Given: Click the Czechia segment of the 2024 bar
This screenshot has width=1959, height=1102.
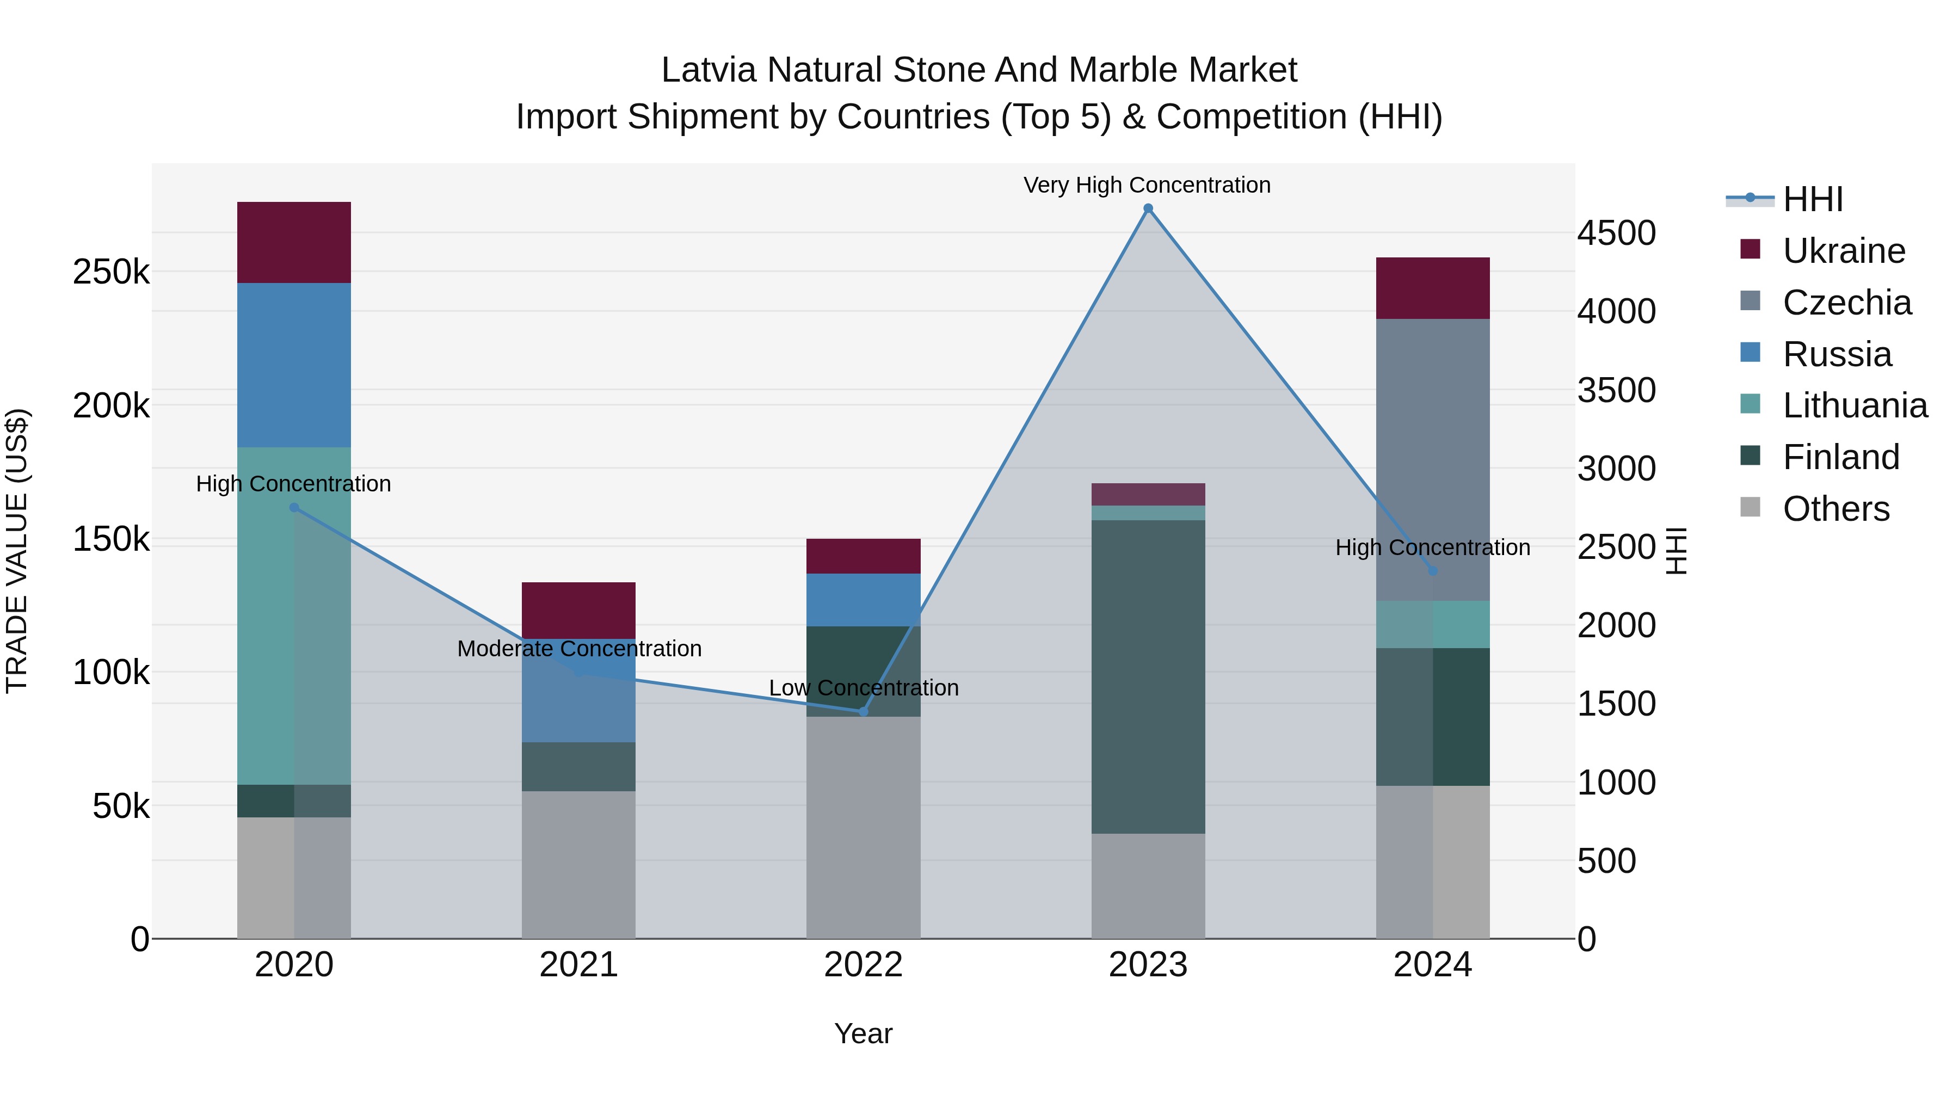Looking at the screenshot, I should click(x=1432, y=459).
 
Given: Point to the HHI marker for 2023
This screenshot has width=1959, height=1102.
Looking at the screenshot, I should click(x=1148, y=208).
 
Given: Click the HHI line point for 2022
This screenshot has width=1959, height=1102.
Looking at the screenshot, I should click(x=863, y=711).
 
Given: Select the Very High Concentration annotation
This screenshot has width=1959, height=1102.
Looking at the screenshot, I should click(x=1147, y=185).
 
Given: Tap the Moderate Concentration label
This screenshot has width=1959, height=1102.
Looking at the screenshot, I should click(x=579, y=649).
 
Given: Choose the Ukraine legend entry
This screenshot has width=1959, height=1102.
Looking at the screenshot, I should click(x=1844, y=251).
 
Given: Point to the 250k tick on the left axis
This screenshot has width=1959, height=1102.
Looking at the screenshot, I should click(x=111, y=272).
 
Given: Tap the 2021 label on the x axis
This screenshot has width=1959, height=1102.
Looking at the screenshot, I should click(x=579, y=965).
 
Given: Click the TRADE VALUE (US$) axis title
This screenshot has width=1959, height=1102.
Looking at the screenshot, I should click(x=17, y=551).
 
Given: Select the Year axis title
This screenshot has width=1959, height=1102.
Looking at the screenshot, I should click(x=863, y=1033).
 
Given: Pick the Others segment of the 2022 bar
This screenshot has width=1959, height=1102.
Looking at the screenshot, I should click(x=863, y=827).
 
